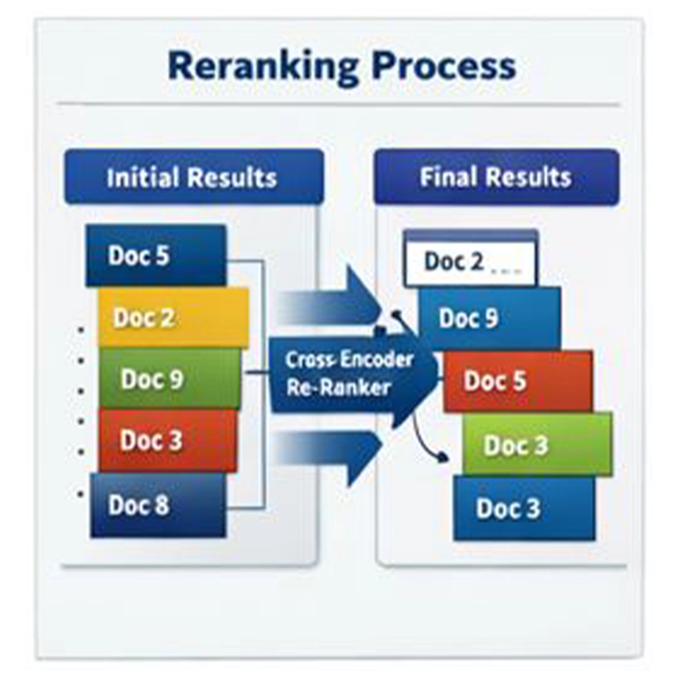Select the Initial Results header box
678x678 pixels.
[x=193, y=177]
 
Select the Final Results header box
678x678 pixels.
[x=496, y=177]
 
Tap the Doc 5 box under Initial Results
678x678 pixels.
[x=155, y=255]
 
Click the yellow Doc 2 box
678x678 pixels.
[x=173, y=318]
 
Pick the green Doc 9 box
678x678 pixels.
[x=169, y=379]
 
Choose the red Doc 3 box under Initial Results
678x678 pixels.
[x=167, y=440]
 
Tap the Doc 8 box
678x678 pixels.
[x=158, y=505]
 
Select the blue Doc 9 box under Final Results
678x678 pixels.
[x=489, y=318]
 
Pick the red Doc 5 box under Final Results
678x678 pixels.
[x=518, y=381]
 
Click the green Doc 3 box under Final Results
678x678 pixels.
[x=537, y=445]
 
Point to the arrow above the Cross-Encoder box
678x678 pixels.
[x=334, y=302]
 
